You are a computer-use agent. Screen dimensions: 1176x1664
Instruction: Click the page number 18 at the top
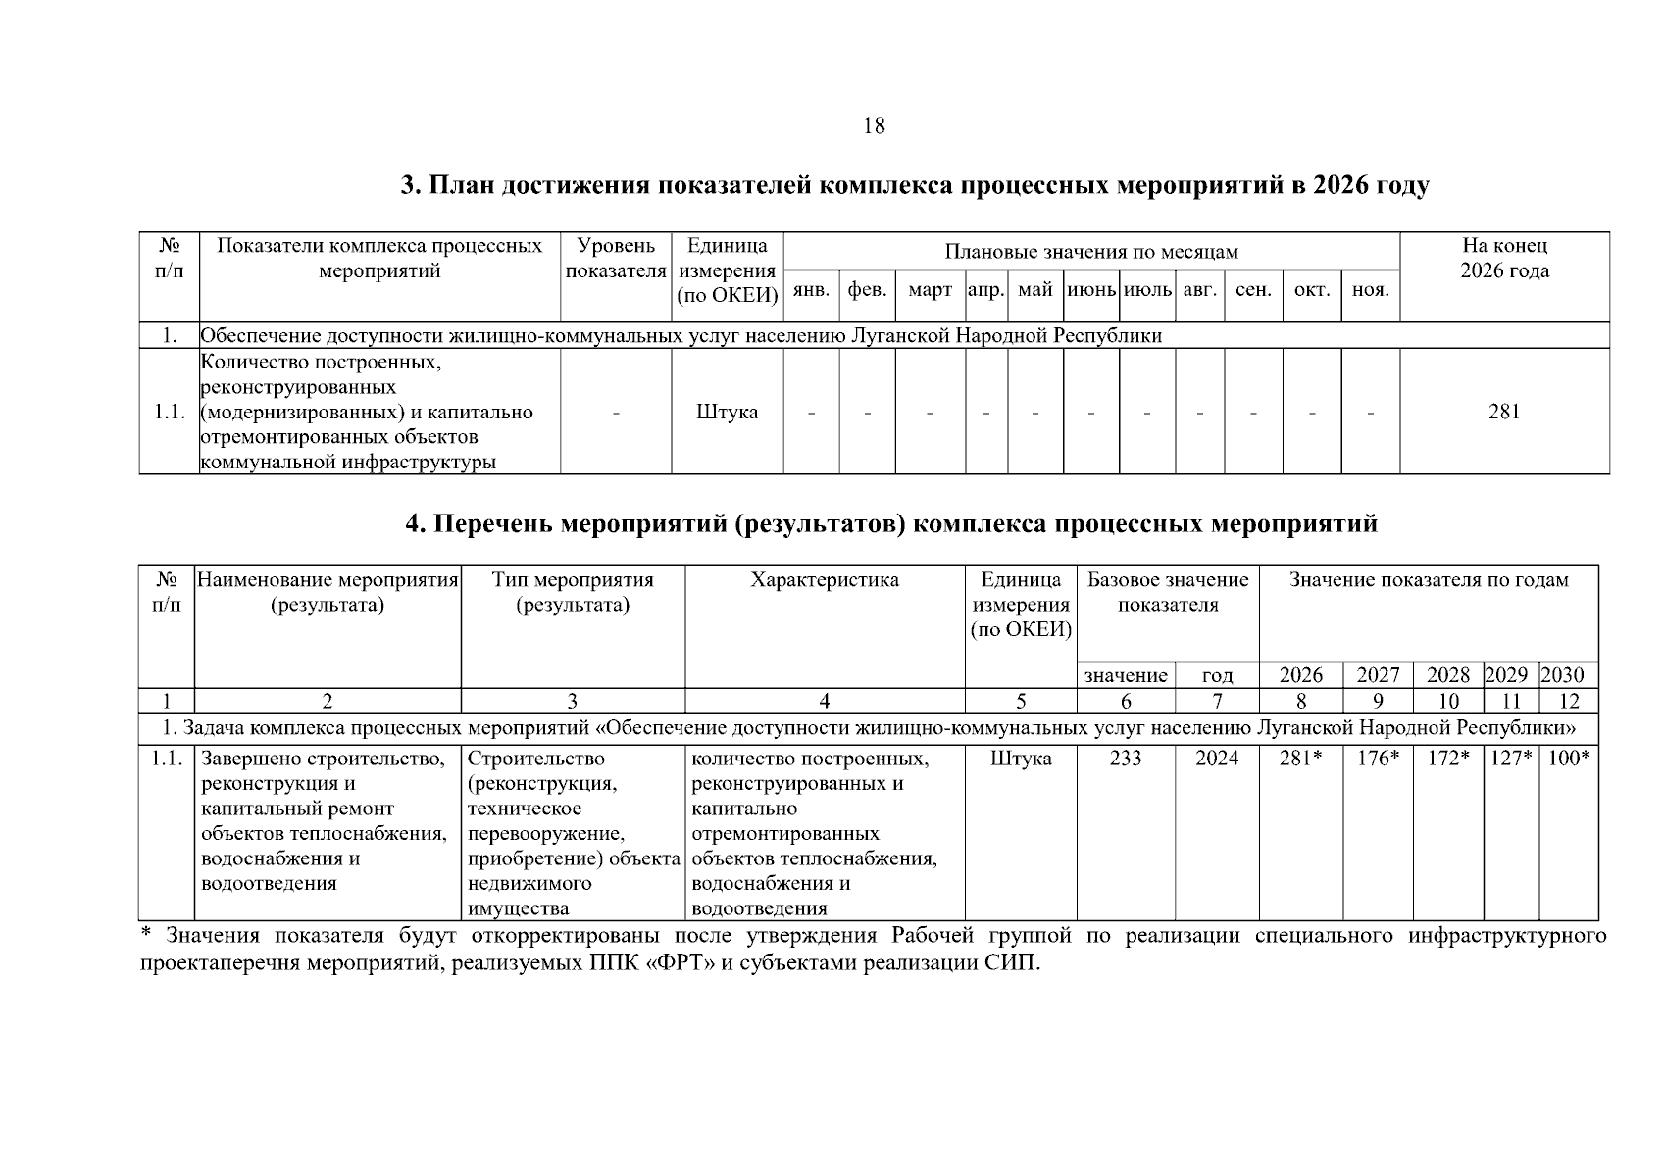pyautogui.click(x=874, y=126)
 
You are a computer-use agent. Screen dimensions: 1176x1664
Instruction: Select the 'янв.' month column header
pyautogui.click(x=811, y=290)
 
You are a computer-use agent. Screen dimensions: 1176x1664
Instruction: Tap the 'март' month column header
pyautogui.click(x=930, y=290)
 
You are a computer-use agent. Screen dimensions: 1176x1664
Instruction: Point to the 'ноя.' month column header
pyautogui.click(x=1370, y=290)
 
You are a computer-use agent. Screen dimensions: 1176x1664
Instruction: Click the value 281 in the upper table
pyautogui.click(x=1504, y=412)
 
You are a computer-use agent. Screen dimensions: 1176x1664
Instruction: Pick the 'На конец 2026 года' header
pyautogui.click(x=1504, y=259)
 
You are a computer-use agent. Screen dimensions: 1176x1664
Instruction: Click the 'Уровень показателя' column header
pyautogui.click(x=616, y=259)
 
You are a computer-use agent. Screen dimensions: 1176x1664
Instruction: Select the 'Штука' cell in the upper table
pyautogui.click(x=727, y=412)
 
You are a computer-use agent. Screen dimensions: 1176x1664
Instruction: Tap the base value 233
pyautogui.click(x=1126, y=759)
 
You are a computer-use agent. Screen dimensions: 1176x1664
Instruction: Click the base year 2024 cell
pyautogui.click(x=1217, y=759)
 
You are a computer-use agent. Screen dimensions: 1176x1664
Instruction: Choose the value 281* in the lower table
pyautogui.click(x=1301, y=759)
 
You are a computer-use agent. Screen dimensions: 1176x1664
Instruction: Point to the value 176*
pyautogui.click(x=1378, y=759)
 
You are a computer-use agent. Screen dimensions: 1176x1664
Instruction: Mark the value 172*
pyautogui.click(x=1448, y=759)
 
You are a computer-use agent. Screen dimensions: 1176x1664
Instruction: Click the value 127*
pyautogui.click(x=1511, y=759)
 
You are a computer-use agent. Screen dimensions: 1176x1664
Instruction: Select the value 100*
pyautogui.click(x=1569, y=759)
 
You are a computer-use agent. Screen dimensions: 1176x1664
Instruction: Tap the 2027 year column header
pyautogui.click(x=1378, y=675)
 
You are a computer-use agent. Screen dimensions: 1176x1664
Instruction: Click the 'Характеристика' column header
pyautogui.click(x=825, y=580)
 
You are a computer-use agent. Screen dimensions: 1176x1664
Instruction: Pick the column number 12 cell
pyautogui.click(x=1569, y=701)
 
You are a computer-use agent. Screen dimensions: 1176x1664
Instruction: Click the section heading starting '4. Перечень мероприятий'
pyautogui.click(x=891, y=524)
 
